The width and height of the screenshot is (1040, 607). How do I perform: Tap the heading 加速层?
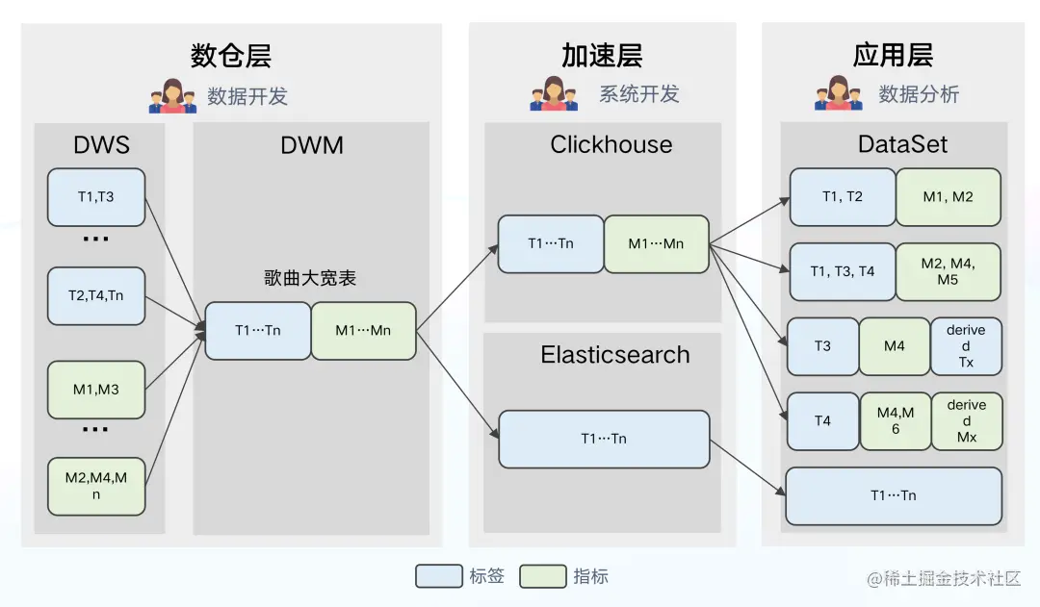click(602, 56)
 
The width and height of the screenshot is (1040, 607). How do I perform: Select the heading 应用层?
click(893, 56)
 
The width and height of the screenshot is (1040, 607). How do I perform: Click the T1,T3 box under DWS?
click(96, 197)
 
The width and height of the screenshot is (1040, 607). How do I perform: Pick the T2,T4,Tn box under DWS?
click(96, 295)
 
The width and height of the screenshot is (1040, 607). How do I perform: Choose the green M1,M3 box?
click(96, 390)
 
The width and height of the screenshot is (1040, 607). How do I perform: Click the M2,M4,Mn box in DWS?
click(96, 487)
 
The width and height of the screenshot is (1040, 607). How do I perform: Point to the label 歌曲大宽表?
click(310, 278)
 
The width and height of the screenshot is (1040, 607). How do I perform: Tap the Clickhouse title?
click(611, 145)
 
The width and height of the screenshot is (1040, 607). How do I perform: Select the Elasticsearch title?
click(614, 355)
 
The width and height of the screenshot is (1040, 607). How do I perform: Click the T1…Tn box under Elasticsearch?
click(604, 439)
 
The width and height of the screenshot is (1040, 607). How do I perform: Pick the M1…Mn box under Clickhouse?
click(656, 243)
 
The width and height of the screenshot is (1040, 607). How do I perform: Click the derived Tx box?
click(966, 346)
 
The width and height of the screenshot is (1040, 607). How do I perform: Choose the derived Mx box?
click(966, 421)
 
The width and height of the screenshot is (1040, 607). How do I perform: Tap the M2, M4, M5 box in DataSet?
click(948, 271)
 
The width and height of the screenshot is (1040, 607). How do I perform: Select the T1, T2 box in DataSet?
click(843, 197)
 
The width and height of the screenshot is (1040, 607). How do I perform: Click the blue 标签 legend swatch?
click(439, 576)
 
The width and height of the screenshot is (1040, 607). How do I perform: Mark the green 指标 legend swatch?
click(542, 576)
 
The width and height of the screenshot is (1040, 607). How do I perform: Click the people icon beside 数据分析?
click(839, 94)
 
